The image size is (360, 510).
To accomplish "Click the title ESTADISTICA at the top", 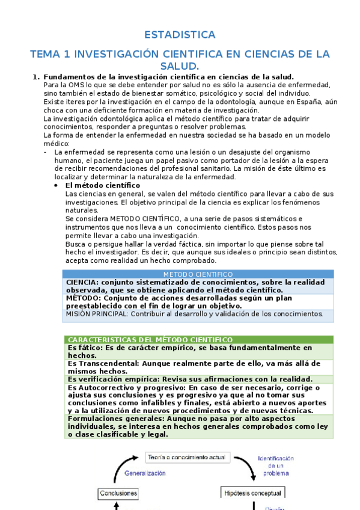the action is pyautogui.click(x=180, y=34).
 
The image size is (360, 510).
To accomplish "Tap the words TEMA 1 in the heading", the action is pyautogui.click(x=49, y=54).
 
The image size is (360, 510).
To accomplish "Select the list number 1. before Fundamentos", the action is pyautogui.click(x=35, y=77).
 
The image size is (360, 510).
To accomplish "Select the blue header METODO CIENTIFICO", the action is pyautogui.click(x=198, y=274).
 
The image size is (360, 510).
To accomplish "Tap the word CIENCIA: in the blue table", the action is pyautogui.click(x=82, y=282).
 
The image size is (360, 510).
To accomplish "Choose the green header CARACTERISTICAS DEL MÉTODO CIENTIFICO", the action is pyautogui.click(x=150, y=340).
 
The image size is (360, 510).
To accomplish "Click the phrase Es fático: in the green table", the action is pyautogui.click(x=86, y=348).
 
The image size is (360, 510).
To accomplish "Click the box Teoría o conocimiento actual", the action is pyautogui.click(x=188, y=458).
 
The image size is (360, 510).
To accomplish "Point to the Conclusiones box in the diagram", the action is pyautogui.click(x=118, y=493).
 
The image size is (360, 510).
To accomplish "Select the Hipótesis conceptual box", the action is pyautogui.click(x=253, y=493).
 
